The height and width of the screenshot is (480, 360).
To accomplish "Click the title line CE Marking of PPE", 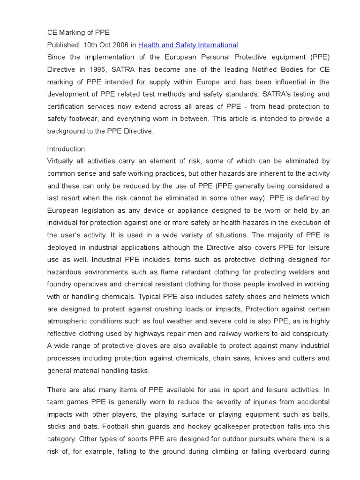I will click(78, 33).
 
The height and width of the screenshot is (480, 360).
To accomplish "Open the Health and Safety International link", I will click(188, 45).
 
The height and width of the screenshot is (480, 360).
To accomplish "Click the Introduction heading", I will click(66, 149).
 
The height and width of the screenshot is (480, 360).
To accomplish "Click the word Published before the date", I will click(63, 45).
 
